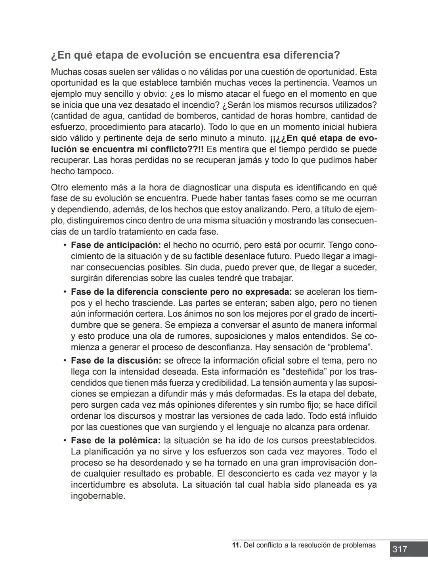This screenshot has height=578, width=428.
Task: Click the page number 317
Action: [399, 549]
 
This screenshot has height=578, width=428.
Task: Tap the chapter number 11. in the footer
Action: [237, 545]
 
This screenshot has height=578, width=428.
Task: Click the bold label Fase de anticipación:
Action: [116, 245]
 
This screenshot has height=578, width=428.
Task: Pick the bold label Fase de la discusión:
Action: [116, 361]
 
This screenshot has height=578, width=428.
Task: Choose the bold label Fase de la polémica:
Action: [116, 441]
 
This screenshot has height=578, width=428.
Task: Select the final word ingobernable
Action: [98, 496]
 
